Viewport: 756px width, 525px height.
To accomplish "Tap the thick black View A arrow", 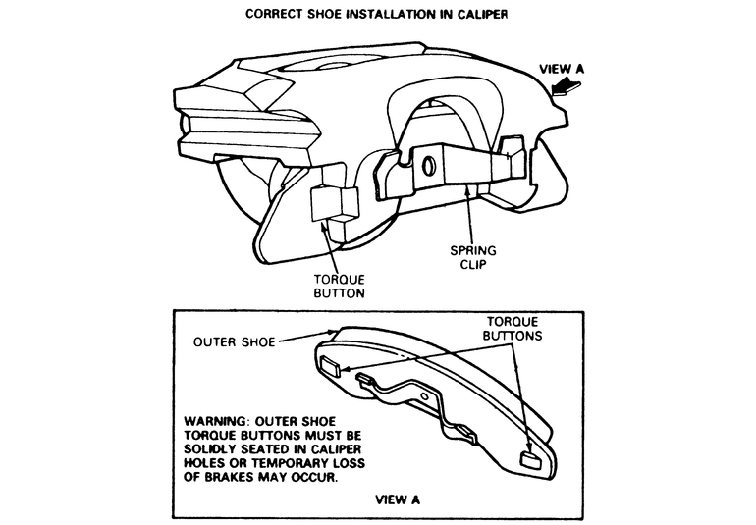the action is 569,92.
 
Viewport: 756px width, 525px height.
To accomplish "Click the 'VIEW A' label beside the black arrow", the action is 564,69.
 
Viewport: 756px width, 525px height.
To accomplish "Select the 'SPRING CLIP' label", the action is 475,257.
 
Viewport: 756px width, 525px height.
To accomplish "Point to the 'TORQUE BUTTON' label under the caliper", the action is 338,285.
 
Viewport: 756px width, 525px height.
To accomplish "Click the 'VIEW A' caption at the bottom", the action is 399,499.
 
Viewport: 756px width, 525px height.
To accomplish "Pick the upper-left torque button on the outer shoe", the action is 331,368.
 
